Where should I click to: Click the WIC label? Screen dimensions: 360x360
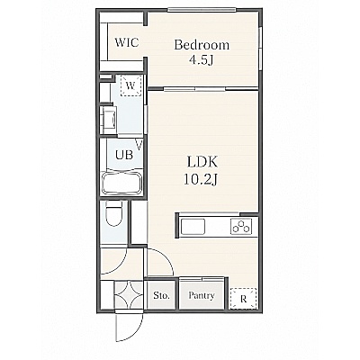[127, 42]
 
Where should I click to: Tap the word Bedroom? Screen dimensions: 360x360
[202, 45]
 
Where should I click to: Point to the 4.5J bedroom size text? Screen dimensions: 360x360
[201, 60]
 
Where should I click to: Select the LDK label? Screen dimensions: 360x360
[202, 162]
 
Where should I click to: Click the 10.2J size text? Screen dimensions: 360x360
[201, 179]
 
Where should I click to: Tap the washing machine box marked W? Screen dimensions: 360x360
[130, 85]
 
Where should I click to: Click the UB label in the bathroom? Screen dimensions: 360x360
[124, 155]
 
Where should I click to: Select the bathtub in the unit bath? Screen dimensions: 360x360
[121, 183]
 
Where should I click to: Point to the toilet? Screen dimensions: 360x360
[114, 213]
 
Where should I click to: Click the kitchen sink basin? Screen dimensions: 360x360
[193, 226]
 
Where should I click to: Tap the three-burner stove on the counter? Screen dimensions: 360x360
[241, 226]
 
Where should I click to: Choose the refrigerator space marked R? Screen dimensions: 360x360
[243, 299]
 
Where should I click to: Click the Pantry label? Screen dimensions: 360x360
[202, 296]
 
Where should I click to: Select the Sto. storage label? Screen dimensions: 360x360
[161, 296]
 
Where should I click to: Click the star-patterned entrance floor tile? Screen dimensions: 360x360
[129, 295]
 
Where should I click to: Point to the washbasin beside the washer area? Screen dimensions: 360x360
[109, 120]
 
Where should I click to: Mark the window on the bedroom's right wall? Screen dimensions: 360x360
[260, 49]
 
